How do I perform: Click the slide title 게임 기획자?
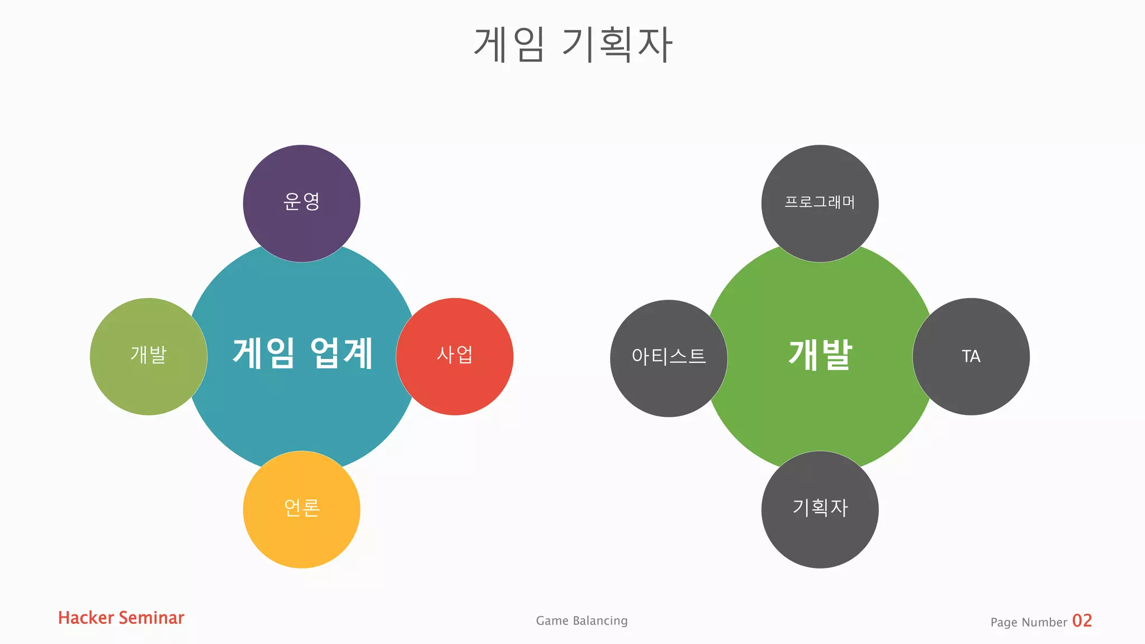coord(572,45)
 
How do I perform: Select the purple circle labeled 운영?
coord(301,203)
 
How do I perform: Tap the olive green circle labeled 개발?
coord(148,357)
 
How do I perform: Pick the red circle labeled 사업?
coord(455,357)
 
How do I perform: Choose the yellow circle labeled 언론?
coord(301,510)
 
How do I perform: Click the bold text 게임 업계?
coord(302,354)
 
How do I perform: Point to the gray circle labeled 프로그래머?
coord(820,203)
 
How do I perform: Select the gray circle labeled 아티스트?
coord(669,358)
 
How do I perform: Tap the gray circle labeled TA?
coord(971,357)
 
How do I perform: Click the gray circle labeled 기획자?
coord(820,510)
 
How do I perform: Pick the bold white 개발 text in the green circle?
coord(820,355)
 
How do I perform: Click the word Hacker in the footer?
coord(86,618)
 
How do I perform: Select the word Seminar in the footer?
coord(152,618)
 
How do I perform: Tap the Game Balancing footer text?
coord(581,621)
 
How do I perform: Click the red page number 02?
coord(1082,621)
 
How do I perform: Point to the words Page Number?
coord(1029,622)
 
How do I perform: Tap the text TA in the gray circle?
coord(971,357)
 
